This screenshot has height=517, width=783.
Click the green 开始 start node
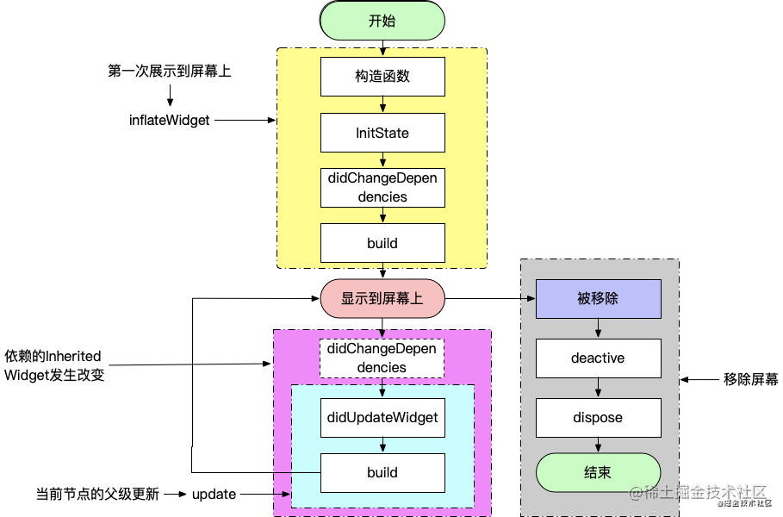click(382, 21)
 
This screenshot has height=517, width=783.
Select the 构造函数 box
click(382, 77)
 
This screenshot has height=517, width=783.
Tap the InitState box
click(382, 133)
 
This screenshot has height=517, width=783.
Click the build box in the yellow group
click(382, 243)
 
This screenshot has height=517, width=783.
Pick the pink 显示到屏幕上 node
click(382, 298)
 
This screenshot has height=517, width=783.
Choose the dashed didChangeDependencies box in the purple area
click(382, 358)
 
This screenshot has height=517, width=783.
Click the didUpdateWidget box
click(382, 418)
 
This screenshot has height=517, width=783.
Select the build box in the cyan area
click(382, 472)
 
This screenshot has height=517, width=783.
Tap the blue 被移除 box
click(599, 299)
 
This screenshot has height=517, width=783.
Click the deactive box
click(599, 358)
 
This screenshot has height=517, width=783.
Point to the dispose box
click(599, 418)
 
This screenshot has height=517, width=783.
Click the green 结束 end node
click(599, 472)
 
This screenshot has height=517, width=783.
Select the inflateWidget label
click(170, 121)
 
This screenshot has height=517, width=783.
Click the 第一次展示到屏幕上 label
click(170, 71)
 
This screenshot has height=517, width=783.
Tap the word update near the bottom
click(214, 494)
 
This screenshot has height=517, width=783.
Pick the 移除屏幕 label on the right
click(750, 380)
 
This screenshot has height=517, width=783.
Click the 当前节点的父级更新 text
click(97, 494)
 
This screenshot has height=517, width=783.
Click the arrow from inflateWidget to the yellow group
click(245, 120)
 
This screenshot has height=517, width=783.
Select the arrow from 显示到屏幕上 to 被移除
click(490, 299)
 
